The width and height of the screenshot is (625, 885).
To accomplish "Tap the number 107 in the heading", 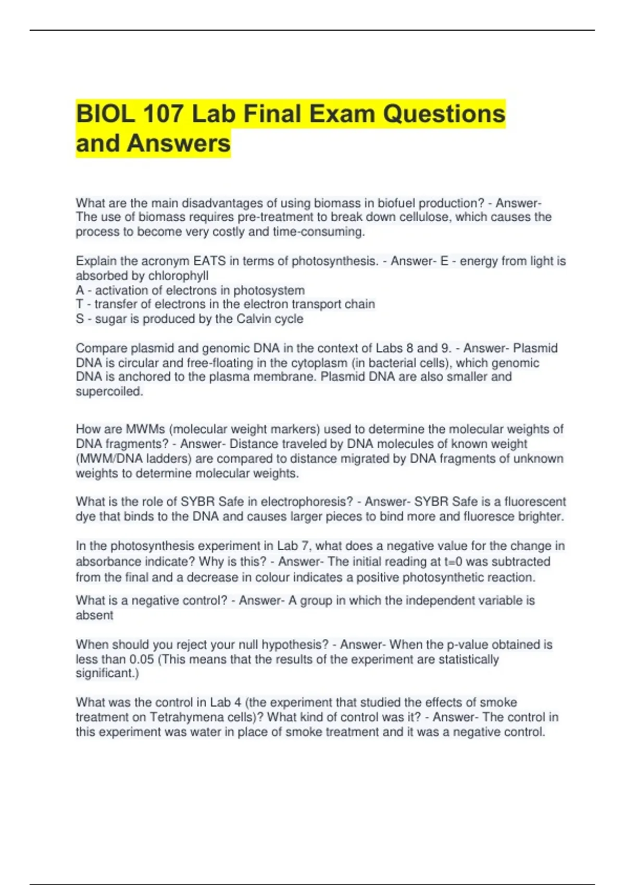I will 162,114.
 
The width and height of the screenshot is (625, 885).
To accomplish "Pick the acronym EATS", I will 209,261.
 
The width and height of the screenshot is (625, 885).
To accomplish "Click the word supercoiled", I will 109,391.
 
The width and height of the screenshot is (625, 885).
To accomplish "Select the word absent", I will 94,615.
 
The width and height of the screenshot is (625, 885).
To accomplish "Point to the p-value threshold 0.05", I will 142,659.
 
